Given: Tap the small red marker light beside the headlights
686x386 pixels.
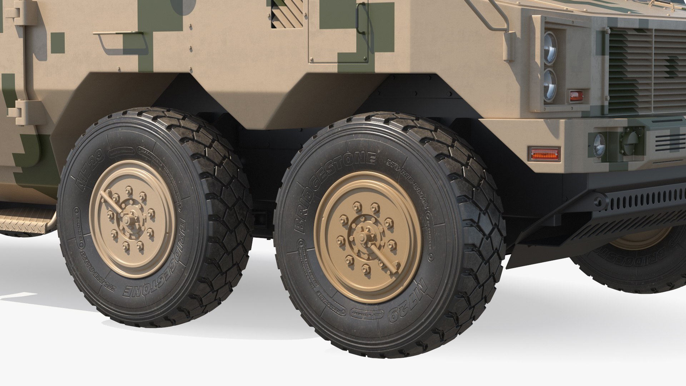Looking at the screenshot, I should click(x=575, y=96).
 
